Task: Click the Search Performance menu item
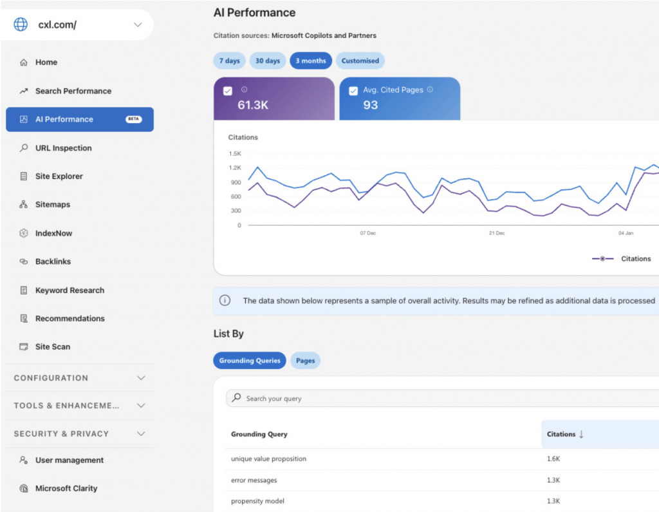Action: tap(73, 91)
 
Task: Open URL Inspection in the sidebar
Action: tap(63, 148)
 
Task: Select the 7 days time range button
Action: tap(229, 61)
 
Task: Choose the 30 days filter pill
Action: tap(268, 61)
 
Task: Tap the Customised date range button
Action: tap(360, 61)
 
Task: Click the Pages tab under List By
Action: tap(305, 361)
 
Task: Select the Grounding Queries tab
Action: tap(250, 361)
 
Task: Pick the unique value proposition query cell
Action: tap(268, 459)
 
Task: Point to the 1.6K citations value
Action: tap(553, 459)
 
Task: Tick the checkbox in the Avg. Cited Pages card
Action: tap(353, 91)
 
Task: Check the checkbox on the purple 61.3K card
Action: tap(227, 91)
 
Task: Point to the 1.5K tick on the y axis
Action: tap(234, 154)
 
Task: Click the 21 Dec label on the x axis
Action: tap(496, 233)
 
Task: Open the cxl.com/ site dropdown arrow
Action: tap(138, 25)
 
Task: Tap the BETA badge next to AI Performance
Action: tap(133, 119)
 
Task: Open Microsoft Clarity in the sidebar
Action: tap(66, 488)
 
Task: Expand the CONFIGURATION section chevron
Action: tap(141, 378)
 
